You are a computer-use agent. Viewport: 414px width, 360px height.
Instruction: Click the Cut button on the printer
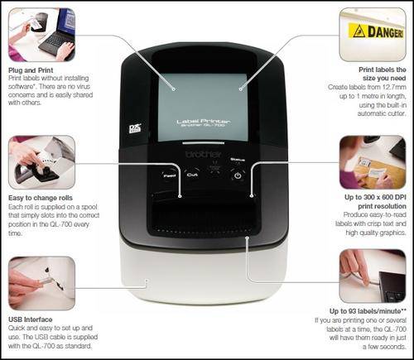pyautogui.click(x=192, y=175)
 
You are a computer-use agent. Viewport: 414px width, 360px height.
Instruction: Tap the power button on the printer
pyautogui.click(x=238, y=175)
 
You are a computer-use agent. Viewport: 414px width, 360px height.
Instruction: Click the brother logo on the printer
pyautogui.click(x=204, y=154)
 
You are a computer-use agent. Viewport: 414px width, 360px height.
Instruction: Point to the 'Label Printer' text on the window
pyautogui.click(x=204, y=121)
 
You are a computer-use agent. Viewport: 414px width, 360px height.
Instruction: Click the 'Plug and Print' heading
pyautogui.click(x=31, y=70)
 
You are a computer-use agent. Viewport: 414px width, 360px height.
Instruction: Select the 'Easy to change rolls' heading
pyautogui.click(x=41, y=198)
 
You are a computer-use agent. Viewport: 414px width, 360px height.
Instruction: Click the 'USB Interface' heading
pyautogui.click(x=31, y=319)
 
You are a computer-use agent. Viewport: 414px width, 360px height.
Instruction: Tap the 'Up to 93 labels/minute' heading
pyautogui.click(x=368, y=311)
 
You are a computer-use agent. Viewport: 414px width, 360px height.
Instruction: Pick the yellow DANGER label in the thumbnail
pyautogui.click(x=376, y=31)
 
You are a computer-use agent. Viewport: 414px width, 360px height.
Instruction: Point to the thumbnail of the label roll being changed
pyautogui.click(x=41, y=162)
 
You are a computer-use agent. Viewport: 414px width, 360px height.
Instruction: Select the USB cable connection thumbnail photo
pyautogui.click(x=41, y=283)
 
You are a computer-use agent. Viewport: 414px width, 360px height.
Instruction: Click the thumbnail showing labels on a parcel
pyautogui.click(x=373, y=162)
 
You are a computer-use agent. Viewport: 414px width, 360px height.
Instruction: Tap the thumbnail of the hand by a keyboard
pyautogui.click(x=373, y=276)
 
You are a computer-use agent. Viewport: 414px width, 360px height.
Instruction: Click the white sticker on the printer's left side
pyautogui.click(x=135, y=129)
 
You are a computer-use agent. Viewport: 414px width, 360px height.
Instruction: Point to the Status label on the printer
pyautogui.click(x=238, y=160)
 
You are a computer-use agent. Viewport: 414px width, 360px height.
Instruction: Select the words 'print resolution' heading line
pyautogui.click(x=382, y=206)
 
